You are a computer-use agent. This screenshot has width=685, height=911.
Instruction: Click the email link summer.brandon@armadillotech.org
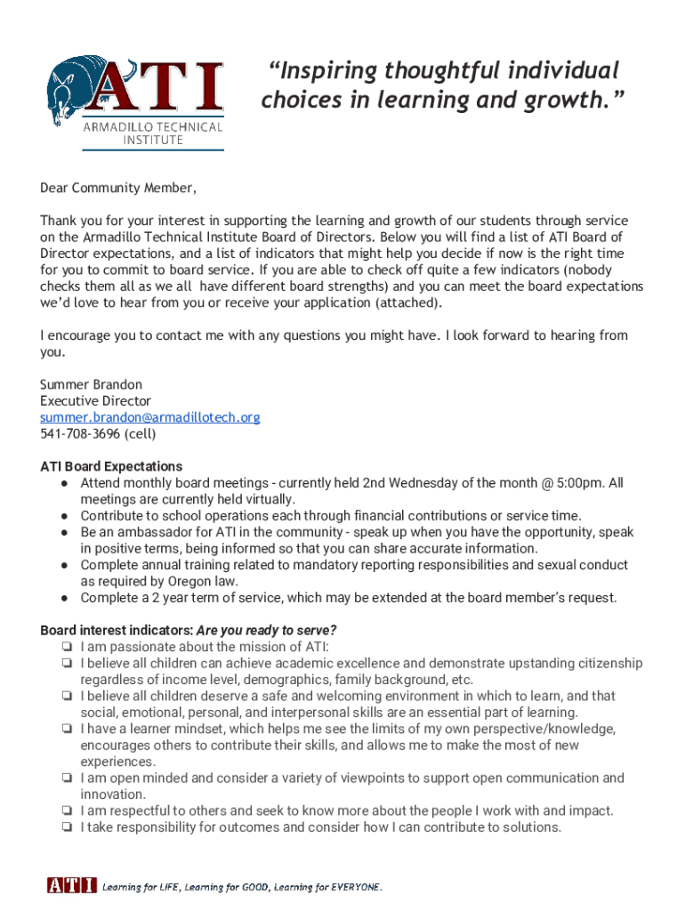click(x=149, y=417)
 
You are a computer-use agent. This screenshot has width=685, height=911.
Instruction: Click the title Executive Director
click(x=95, y=401)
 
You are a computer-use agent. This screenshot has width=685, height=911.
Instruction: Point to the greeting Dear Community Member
click(x=117, y=188)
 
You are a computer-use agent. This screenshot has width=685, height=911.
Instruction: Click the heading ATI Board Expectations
click(x=111, y=466)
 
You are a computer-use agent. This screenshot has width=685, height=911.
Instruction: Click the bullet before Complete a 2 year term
click(x=66, y=597)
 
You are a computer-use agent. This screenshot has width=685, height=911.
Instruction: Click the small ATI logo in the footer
click(x=71, y=885)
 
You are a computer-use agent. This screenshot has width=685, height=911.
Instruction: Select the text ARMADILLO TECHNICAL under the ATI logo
click(x=153, y=127)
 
